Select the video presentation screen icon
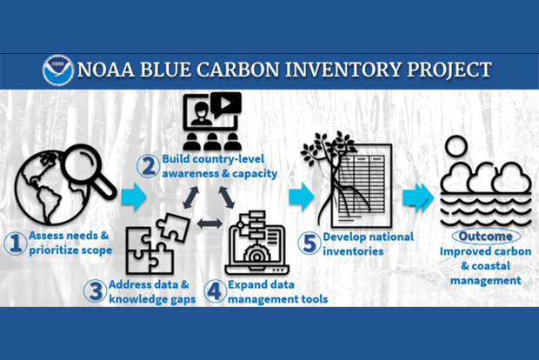pyautogui.click(x=213, y=123)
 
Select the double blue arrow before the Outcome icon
pyautogui.click(x=420, y=196)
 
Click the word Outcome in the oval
pyautogui.click(x=485, y=237)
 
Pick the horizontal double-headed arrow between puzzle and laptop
pyautogui.click(x=210, y=223)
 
